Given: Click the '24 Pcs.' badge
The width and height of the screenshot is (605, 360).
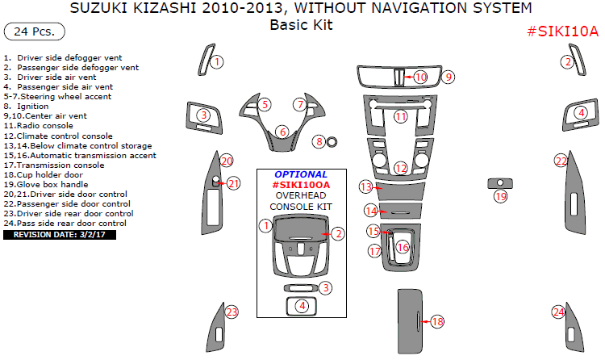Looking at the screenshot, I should tap(35, 31).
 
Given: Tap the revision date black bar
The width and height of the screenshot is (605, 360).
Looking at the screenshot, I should tap(60, 234).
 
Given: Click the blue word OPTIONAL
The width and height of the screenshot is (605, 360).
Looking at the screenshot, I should tap(301, 174).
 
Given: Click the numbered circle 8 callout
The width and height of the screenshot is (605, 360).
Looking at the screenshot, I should tap(319, 142).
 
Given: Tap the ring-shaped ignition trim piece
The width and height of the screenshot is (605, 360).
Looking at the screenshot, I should tap(332, 143).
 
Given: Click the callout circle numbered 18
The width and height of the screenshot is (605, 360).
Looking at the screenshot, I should tap(437, 321).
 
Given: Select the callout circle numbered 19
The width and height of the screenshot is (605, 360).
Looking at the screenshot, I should tap(501, 196).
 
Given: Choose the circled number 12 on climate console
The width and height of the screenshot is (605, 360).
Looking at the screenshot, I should tap(401, 168).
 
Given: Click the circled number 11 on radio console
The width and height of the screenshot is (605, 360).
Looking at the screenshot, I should tap(401, 117).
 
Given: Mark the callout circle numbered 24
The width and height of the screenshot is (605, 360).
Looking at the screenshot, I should tap(558, 312).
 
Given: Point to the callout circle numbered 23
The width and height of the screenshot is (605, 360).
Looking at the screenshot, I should tap(232, 312).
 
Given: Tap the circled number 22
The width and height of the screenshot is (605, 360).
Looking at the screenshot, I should tap(561, 161).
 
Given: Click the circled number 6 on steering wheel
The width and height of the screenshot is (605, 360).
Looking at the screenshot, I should tap(282, 132).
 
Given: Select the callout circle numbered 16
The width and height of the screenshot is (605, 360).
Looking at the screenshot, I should tap(403, 247).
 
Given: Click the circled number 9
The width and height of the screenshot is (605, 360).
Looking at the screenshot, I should tap(449, 77).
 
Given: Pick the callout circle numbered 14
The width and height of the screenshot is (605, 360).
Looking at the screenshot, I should tap(371, 211).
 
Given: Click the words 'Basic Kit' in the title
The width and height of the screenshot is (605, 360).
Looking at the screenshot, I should tap(301, 25).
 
